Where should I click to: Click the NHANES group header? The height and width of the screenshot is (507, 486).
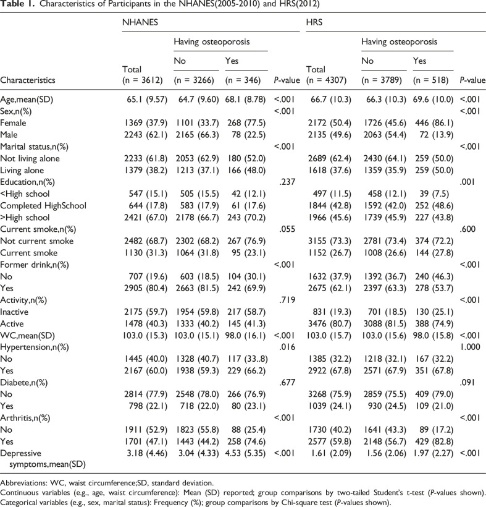pos(138,22)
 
